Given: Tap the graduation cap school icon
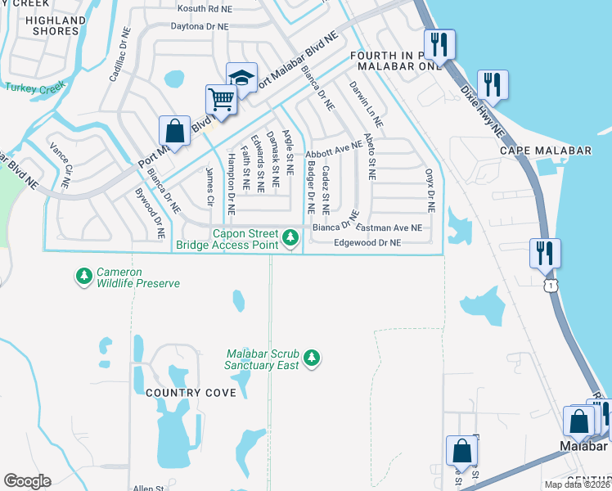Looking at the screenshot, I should (241, 78).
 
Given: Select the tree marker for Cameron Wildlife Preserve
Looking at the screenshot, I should (83, 277).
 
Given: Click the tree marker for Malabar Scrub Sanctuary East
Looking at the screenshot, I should (311, 358).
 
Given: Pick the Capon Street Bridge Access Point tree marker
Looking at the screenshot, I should (290, 238).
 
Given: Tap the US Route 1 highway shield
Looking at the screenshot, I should (552, 284).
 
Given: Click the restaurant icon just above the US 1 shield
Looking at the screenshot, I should (544, 253).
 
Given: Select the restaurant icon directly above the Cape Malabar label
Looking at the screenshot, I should (493, 84).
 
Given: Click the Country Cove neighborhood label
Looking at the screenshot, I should (191, 393).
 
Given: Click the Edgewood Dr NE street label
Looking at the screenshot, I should (368, 243).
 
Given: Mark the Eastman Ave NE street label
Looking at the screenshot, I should (390, 228).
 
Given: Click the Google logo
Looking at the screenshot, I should (27, 481).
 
